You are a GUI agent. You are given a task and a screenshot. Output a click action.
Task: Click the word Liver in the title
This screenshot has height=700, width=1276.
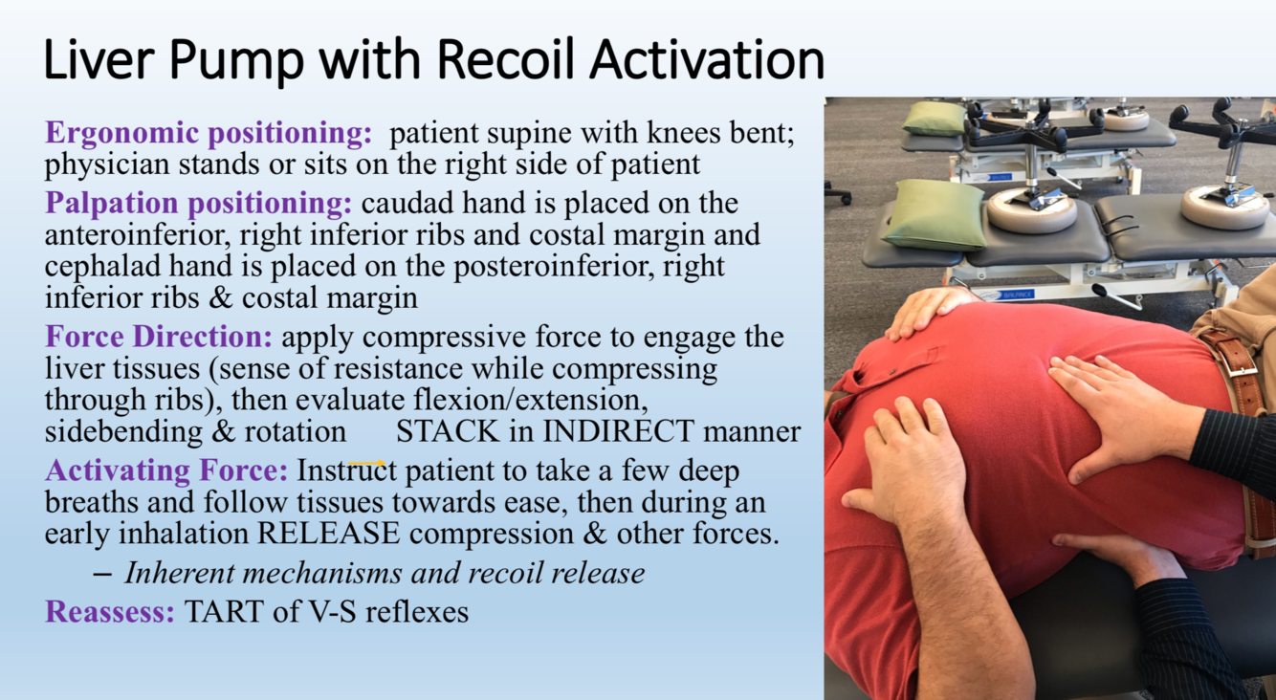[99, 59]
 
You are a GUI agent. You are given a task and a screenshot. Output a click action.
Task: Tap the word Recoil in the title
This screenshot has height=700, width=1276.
[508, 59]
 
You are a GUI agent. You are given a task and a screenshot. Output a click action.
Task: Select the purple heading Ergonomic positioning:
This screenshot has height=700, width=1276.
[209, 133]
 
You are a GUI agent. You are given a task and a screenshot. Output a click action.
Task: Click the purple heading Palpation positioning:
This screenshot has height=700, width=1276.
[199, 204]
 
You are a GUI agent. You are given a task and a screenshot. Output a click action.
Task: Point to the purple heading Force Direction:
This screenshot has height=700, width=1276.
[159, 336]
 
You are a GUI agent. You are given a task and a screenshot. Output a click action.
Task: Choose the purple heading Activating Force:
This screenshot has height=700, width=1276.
[166, 471]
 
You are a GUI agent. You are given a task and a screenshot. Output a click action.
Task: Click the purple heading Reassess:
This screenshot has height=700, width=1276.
[110, 612]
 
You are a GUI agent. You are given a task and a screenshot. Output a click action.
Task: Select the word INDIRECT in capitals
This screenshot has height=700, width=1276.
[618, 431]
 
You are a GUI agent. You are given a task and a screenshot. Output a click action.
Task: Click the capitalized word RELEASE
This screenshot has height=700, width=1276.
[329, 534]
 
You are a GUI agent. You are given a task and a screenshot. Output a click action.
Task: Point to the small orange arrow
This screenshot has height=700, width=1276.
[367, 464]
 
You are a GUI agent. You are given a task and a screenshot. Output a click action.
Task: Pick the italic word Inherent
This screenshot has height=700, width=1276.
[179, 573]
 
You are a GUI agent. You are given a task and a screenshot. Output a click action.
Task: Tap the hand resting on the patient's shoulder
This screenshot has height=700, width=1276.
[926, 312]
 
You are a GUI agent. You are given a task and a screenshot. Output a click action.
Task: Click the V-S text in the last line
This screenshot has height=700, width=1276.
[332, 612]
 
